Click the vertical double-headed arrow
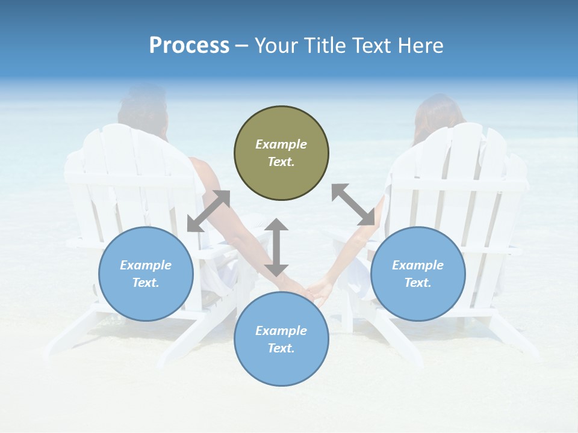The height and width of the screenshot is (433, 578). coord(276,247)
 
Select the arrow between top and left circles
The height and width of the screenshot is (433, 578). coord(209,211)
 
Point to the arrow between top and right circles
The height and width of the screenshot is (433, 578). coord(353,204)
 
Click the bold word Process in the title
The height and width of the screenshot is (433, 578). coord(189,45)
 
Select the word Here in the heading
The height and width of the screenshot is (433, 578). coord(420,45)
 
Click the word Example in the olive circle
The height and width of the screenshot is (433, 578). coord(281,144)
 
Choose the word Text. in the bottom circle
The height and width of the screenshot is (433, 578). coord(281,348)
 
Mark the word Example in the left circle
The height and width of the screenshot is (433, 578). coord(146,265)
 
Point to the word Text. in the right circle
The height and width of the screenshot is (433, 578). coord(418,283)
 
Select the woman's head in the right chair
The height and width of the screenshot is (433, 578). coord(438,117)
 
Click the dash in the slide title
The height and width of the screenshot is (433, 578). coord(242,46)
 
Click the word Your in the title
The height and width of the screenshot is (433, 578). coord(274,45)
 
